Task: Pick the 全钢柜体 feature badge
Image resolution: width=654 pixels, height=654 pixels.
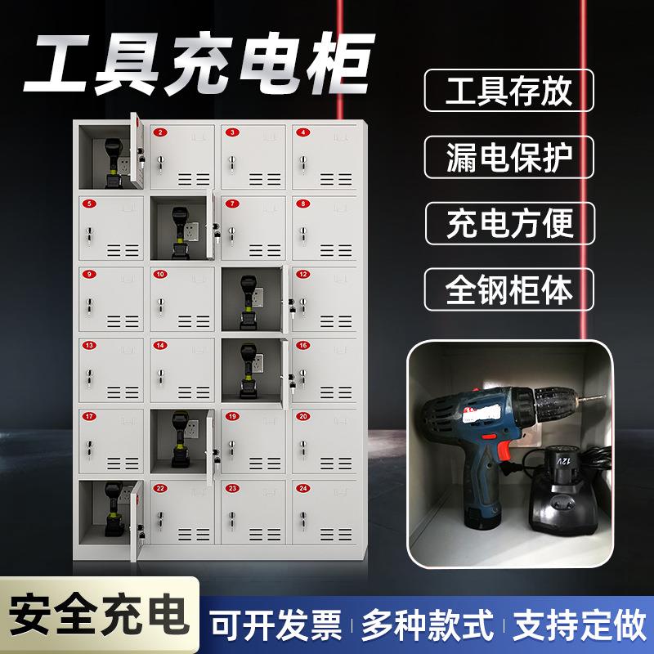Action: click(x=508, y=289)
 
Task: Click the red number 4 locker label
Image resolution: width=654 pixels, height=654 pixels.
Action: click(x=304, y=132)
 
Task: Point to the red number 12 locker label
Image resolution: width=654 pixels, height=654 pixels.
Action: click(x=304, y=274)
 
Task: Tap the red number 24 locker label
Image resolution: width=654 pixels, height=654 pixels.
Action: click(x=304, y=488)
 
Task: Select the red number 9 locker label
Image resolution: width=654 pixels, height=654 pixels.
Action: click(x=90, y=274)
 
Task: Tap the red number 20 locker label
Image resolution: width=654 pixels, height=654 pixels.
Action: click(x=304, y=417)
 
